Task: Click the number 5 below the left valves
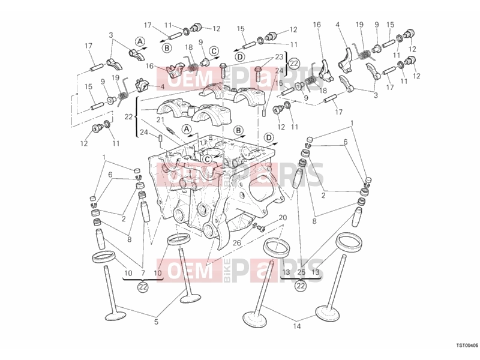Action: click(x=156, y=322)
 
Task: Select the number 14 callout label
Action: click(x=296, y=326)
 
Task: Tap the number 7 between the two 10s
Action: click(x=143, y=273)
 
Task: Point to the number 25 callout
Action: click(x=301, y=272)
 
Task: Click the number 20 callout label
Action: click(x=283, y=218)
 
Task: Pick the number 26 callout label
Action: click(x=236, y=243)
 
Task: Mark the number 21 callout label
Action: click(x=160, y=120)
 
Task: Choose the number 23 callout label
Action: click(x=279, y=57)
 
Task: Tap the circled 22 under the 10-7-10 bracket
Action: click(x=143, y=287)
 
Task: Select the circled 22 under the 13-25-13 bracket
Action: click(x=301, y=286)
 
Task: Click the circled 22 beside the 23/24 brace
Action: click(x=294, y=64)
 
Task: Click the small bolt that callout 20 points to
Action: click(x=261, y=228)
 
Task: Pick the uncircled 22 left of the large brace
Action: click(x=129, y=116)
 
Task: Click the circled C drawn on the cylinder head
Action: click(x=207, y=159)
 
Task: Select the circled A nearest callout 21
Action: click(x=187, y=129)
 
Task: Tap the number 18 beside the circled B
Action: click(x=189, y=47)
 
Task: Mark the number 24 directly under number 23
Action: click(x=279, y=71)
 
